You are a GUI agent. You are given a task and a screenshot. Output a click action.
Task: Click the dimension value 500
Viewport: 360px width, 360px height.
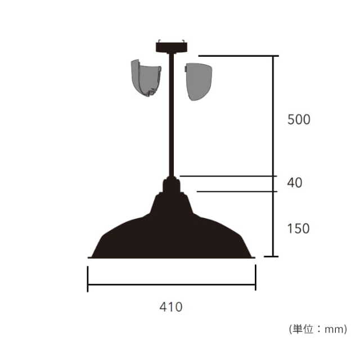(x=299, y=119)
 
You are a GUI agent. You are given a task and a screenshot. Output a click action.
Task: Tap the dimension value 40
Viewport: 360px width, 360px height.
(x=295, y=183)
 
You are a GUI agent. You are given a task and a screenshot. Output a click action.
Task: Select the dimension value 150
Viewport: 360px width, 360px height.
(x=299, y=228)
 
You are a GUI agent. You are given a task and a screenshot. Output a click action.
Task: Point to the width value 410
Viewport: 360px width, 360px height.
(x=171, y=307)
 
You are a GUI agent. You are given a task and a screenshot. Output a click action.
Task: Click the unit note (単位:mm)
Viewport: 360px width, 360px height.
(x=318, y=329)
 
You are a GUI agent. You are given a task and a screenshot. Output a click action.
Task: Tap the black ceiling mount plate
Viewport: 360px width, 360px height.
(x=171, y=47)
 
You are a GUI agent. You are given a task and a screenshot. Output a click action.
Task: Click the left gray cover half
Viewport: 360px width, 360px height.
(x=146, y=78)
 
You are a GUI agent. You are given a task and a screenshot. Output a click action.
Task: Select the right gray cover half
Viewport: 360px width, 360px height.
(x=199, y=82)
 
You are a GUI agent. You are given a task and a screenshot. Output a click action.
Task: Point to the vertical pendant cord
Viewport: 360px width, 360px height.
(x=172, y=114)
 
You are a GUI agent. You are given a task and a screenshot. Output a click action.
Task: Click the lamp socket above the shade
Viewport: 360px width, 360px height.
(x=171, y=185)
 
